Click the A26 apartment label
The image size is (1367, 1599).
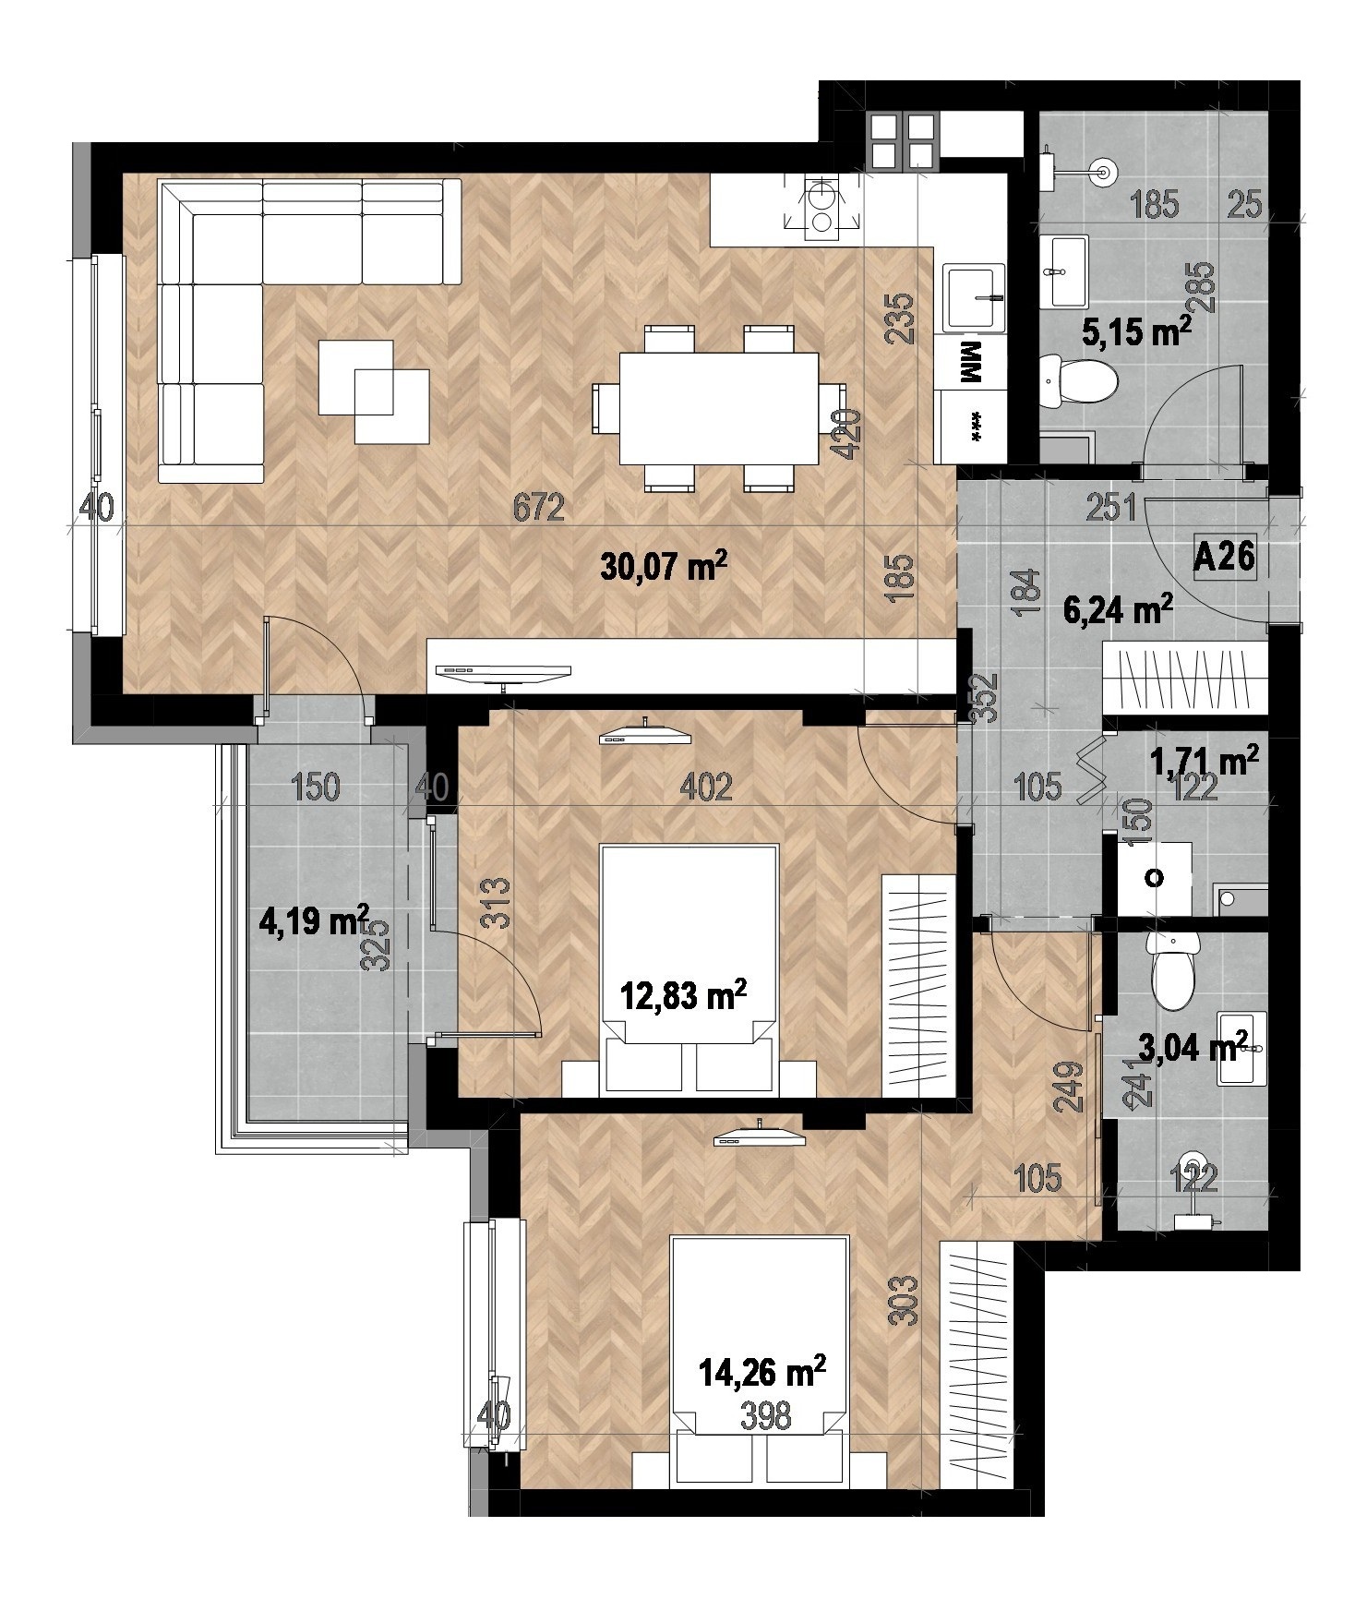click(1224, 558)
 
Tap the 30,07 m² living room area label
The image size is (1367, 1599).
click(659, 566)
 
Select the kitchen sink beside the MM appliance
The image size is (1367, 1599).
click(974, 296)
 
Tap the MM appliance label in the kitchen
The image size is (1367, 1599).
click(971, 364)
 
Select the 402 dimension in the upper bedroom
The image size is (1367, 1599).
click(706, 787)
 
